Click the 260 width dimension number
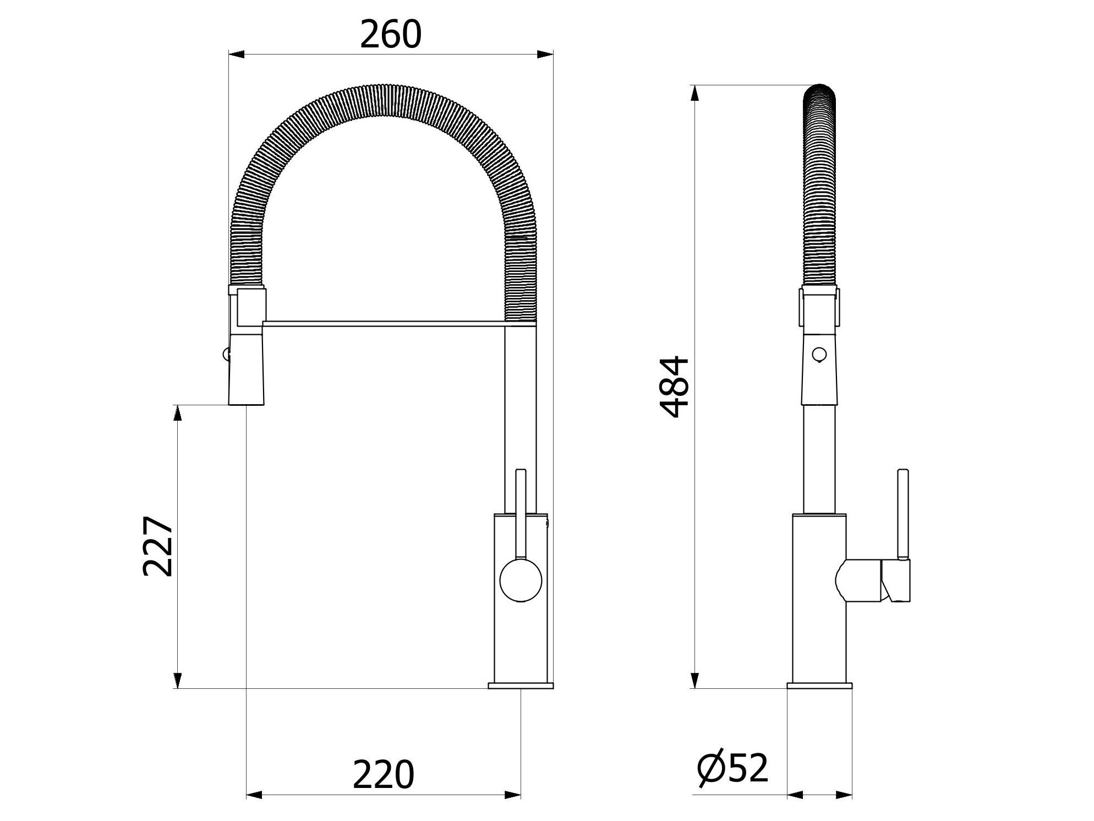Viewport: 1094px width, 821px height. coord(391,34)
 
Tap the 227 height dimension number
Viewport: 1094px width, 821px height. coord(158,546)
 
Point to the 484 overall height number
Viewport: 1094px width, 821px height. coord(674,387)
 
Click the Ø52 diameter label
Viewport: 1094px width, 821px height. coord(732,769)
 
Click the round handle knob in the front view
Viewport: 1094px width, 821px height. coord(521,580)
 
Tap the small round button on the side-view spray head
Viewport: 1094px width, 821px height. coord(819,354)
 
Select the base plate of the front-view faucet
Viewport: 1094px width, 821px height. coord(521,685)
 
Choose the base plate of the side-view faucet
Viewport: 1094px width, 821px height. coord(819,685)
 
